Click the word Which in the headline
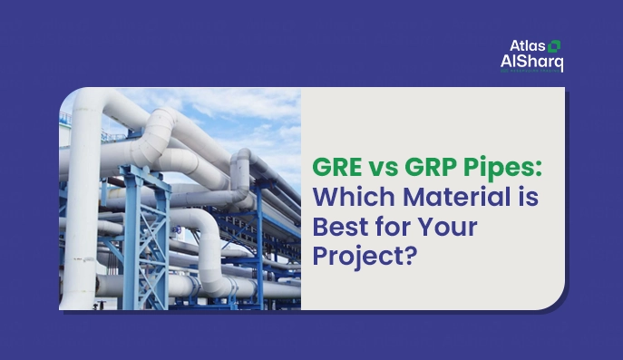[348, 197]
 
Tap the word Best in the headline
[337, 226]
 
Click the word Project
[357, 255]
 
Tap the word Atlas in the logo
[527, 45]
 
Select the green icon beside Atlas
[554, 44]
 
